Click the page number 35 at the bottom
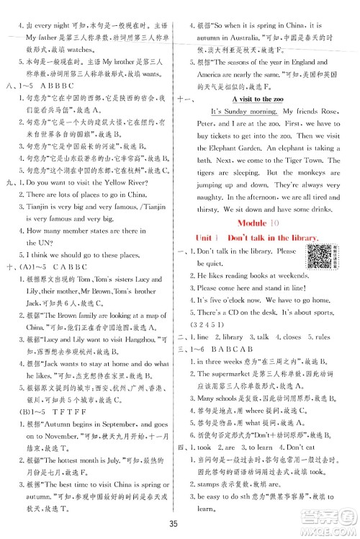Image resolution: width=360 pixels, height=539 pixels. tap(180, 522)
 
